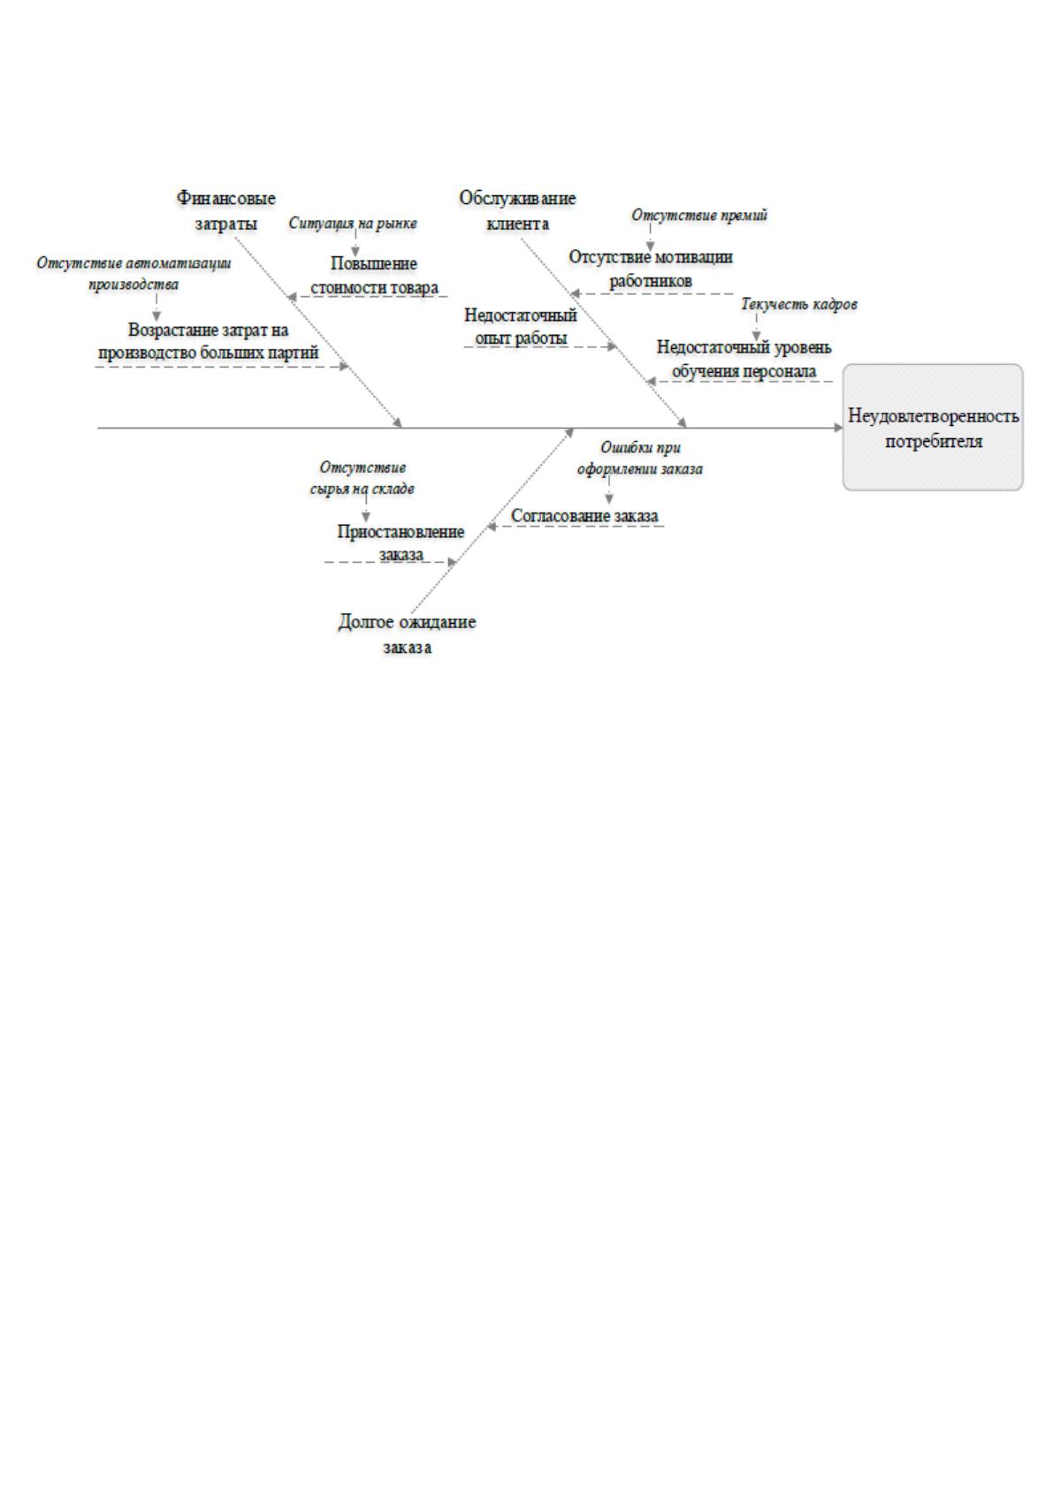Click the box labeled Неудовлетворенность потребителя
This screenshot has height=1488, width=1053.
(932, 427)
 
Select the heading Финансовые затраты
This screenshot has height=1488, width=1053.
(226, 210)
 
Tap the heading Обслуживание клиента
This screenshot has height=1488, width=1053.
(517, 210)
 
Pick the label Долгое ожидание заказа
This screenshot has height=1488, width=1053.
(407, 634)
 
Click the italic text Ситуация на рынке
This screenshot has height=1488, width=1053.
(353, 224)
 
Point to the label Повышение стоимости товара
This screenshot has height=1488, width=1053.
(374, 276)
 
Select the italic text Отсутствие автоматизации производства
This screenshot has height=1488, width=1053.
(134, 273)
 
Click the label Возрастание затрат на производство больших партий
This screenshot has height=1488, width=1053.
(208, 341)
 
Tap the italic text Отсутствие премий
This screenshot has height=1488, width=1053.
(699, 216)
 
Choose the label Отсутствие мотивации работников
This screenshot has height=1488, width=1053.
(651, 269)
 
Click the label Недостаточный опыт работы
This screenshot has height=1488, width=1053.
(521, 325)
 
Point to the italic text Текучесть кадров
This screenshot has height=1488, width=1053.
(799, 304)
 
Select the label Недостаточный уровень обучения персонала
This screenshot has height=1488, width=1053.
(744, 359)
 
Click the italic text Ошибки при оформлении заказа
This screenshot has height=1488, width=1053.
(639, 459)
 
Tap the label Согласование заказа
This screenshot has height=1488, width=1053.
(584, 515)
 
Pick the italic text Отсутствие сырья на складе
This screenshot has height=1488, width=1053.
(362, 478)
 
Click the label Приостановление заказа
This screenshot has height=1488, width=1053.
(401, 543)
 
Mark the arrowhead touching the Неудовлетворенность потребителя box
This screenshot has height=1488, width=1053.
(837, 428)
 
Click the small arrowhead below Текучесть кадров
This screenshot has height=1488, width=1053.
(756, 336)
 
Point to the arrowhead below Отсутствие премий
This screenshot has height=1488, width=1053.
(650, 247)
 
